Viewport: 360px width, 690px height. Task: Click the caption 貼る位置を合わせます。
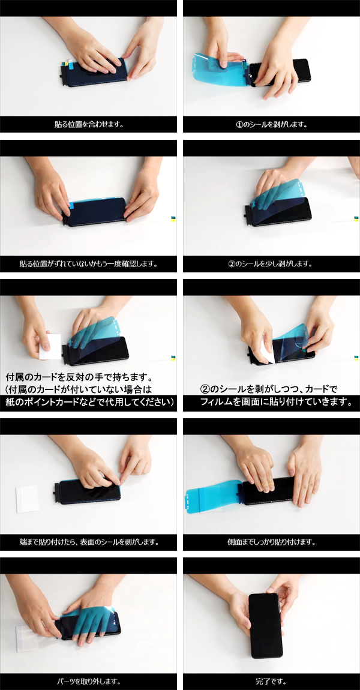(88, 124)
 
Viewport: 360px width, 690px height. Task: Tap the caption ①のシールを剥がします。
(272, 124)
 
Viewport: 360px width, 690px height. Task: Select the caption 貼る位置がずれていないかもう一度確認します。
(88, 264)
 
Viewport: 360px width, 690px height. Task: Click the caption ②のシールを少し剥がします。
(272, 264)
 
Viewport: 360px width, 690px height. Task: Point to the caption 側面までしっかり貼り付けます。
(272, 542)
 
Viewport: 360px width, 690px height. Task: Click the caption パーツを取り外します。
(88, 682)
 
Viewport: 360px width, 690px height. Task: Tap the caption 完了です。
(272, 682)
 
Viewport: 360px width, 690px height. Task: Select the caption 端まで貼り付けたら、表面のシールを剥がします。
(88, 542)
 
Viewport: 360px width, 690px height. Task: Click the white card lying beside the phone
(27, 499)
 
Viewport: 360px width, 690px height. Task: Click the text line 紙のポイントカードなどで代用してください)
(89, 402)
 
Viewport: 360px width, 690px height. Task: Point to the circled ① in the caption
(239, 124)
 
